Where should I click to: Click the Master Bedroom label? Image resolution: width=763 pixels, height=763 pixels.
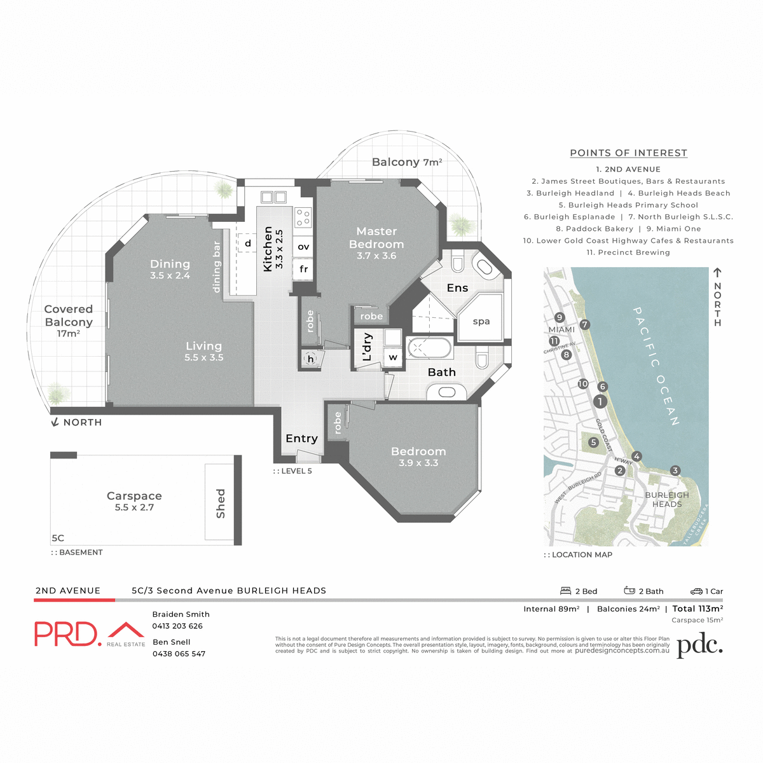tap(376, 238)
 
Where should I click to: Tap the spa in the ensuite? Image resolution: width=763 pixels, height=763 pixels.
tap(481, 321)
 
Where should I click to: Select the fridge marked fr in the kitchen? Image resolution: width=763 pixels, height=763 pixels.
tap(303, 269)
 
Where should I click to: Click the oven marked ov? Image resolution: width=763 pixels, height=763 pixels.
tap(303, 247)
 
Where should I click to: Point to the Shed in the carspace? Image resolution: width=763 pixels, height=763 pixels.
tap(220, 503)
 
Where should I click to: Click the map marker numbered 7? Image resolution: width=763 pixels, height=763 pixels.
tap(585, 325)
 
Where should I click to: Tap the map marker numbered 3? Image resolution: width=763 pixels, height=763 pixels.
tap(675, 471)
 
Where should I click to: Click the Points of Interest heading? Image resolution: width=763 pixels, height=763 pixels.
tap(628, 153)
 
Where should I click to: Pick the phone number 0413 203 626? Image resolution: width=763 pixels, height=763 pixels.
tap(177, 626)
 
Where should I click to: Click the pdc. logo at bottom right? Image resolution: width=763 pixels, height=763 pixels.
tap(699, 645)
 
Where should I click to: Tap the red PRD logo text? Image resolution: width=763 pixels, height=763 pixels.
tap(67, 634)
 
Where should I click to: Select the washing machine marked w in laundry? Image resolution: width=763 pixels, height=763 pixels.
tap(393, 357)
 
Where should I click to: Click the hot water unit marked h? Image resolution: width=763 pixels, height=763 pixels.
tap(311, 359)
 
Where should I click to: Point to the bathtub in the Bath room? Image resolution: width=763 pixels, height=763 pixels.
tap(429, 348)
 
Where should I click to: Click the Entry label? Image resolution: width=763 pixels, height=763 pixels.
tap(301, 438)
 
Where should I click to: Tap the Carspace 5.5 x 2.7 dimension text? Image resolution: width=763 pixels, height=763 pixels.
tap(134, 507)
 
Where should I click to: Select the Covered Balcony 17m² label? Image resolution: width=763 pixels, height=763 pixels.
tap(68, 320)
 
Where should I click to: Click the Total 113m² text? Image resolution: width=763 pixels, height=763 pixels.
tap(698, 608)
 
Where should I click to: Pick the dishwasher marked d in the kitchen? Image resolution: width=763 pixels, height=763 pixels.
tap(248, 243)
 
